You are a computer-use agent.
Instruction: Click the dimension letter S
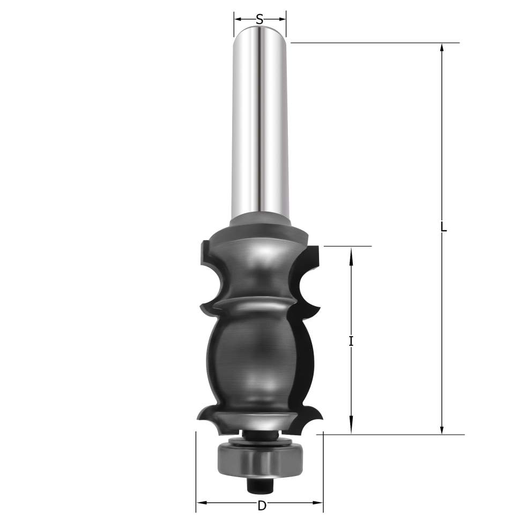259,19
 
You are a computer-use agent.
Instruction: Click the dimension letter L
444,227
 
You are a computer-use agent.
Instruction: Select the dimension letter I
351,341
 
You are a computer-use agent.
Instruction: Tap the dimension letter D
262,506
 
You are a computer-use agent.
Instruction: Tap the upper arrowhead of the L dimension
441,48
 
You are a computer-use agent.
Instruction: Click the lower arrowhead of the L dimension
441,429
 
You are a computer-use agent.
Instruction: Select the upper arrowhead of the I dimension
352,252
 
